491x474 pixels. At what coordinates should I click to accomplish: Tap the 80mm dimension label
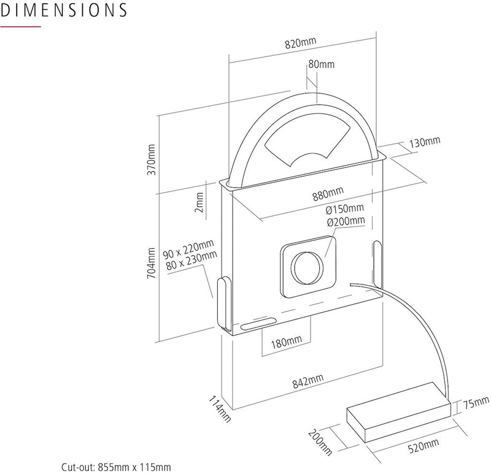tap(322, 64)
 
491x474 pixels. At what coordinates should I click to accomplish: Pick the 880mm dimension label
tap(327, 196)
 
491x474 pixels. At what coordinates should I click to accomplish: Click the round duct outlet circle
tap(307, 269)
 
